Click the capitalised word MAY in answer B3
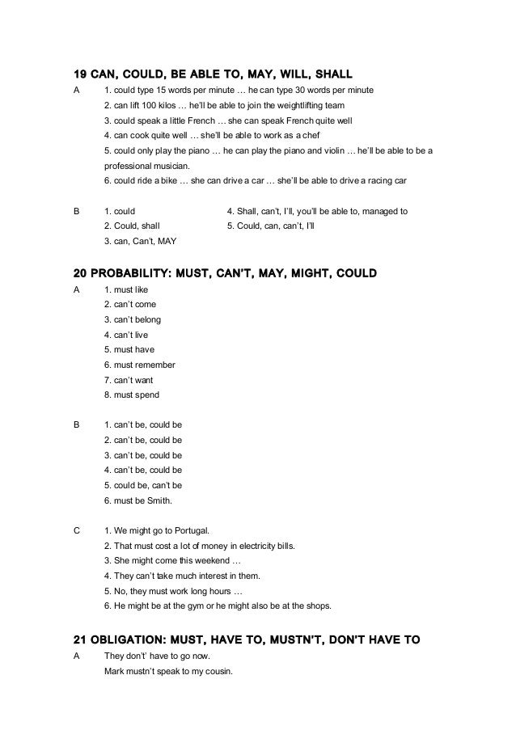pos(168,241)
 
